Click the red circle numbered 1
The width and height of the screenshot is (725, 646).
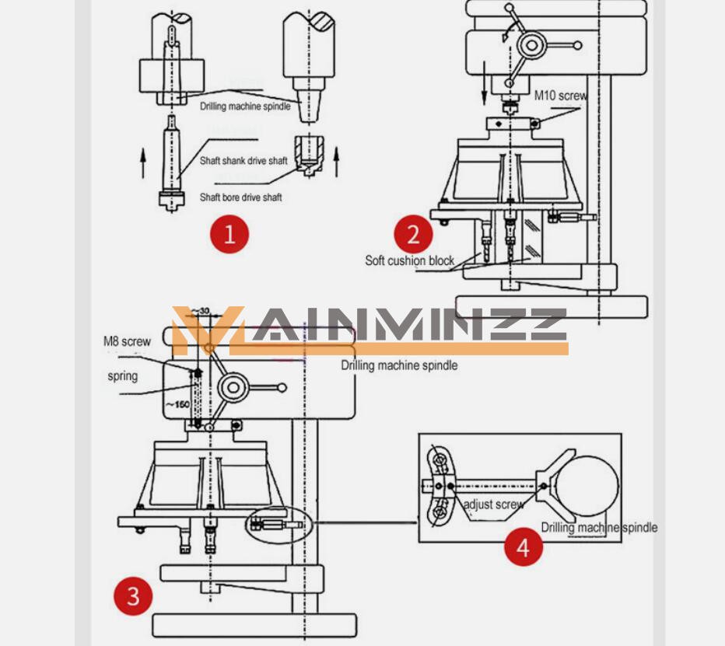229,234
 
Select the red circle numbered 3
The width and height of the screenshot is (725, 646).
133,596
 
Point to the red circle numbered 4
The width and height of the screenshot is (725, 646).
523,546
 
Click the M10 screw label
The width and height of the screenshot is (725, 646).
560,96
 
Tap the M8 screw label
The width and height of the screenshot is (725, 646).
127,341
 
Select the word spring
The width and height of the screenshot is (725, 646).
123,376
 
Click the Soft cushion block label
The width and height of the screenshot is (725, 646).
410,260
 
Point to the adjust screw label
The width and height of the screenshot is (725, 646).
493,505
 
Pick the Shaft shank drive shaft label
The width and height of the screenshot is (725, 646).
243,161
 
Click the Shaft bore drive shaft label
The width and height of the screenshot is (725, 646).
240,197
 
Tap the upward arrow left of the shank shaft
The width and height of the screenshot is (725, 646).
142,165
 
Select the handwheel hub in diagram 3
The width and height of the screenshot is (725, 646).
233,387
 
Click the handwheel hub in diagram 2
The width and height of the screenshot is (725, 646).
531,45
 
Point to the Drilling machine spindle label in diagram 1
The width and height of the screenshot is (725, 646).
245,107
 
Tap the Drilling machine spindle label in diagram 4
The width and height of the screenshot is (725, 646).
599,528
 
